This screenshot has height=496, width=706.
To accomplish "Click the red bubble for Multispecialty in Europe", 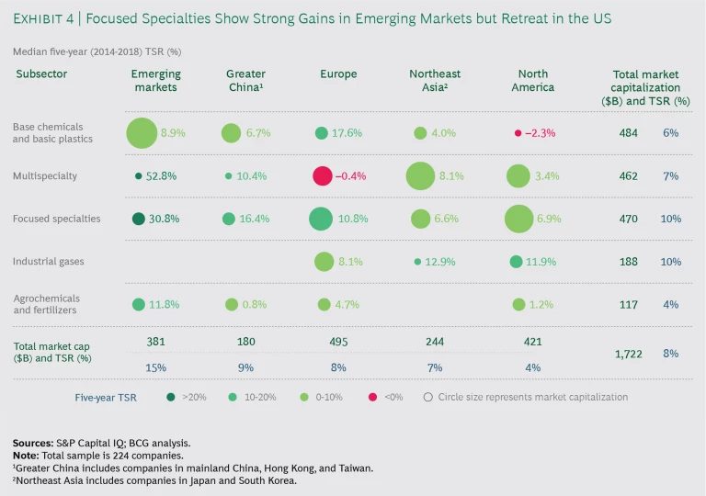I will [x=322, y=175].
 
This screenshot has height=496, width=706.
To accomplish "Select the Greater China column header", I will [x=245, y=80].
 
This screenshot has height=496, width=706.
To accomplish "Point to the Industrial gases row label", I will [x=48, y=262].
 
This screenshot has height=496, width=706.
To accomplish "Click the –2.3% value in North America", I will [x=540, y=133].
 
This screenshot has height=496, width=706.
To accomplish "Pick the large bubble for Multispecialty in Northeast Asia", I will [x=420, y=175].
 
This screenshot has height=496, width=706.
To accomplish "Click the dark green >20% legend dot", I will [x=172, y=398].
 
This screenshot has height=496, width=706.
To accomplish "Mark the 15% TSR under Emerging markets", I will [x=156, y=367].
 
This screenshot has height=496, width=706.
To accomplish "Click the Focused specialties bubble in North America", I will [x=518, y=219].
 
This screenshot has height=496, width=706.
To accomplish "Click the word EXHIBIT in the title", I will [x=41, y=17].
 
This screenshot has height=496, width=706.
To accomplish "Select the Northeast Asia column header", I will [x=436, y=80].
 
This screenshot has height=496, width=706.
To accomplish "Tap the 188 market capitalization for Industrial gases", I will [x=629, y=262].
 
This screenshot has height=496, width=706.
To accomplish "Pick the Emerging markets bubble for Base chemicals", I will [x=142, y=133].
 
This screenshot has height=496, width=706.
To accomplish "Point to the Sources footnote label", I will [x=33, y=442].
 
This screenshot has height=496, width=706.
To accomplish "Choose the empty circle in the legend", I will [x=427, y=398].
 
